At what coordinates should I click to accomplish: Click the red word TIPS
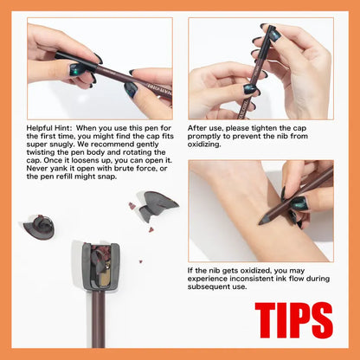(294, 320)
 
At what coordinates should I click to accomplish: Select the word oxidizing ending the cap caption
(204, 145)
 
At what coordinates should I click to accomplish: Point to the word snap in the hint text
(107, 177)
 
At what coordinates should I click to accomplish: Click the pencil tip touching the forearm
(261, 222)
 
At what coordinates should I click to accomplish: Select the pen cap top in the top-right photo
(272, 28)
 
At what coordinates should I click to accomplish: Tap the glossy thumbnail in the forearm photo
(298, 203)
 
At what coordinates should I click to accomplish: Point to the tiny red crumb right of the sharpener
(141, 262)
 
